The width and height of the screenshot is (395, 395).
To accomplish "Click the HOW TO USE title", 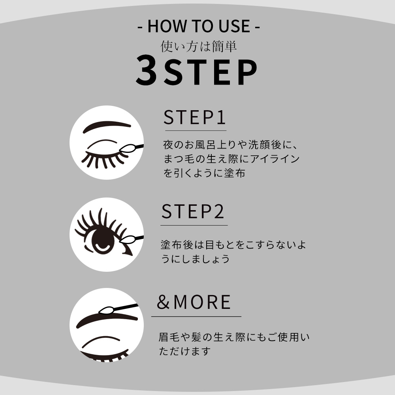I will point(199,26).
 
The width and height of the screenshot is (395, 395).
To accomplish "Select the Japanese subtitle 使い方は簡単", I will point(198,47).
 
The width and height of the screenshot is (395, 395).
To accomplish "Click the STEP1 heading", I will point(195,118).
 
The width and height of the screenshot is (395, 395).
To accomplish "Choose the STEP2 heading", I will point(193,211).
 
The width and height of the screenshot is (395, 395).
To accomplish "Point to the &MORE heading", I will point(194,302).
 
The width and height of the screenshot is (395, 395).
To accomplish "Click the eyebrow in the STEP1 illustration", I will point(108,126).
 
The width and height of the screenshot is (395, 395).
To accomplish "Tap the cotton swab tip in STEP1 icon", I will point(127,149).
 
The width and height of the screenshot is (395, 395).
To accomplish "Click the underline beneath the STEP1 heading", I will point(195,130).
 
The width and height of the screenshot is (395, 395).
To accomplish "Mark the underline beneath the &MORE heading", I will point(196,316).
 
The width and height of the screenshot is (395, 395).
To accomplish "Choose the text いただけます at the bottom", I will point(184,351).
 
